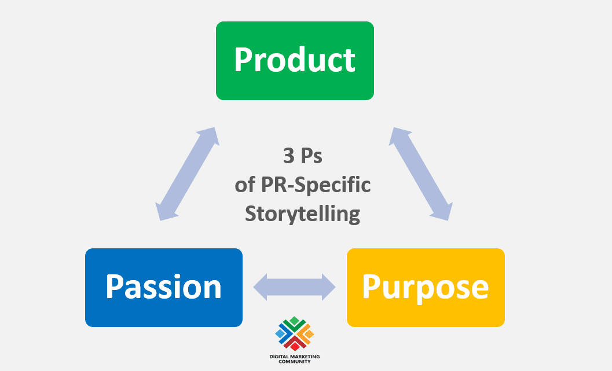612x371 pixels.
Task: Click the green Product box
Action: tap(295, 61)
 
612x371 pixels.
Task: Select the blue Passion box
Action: tap(164, 287)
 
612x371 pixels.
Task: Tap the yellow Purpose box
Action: tap(426, 287)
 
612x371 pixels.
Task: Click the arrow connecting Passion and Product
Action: tap(188, 174)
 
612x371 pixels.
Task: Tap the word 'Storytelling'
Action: tap(302, 214)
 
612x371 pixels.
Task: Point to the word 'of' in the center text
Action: tap(244, 185)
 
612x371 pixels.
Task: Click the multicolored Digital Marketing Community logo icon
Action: tap(295, 333)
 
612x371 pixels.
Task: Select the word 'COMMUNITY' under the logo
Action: tap(295, 361)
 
